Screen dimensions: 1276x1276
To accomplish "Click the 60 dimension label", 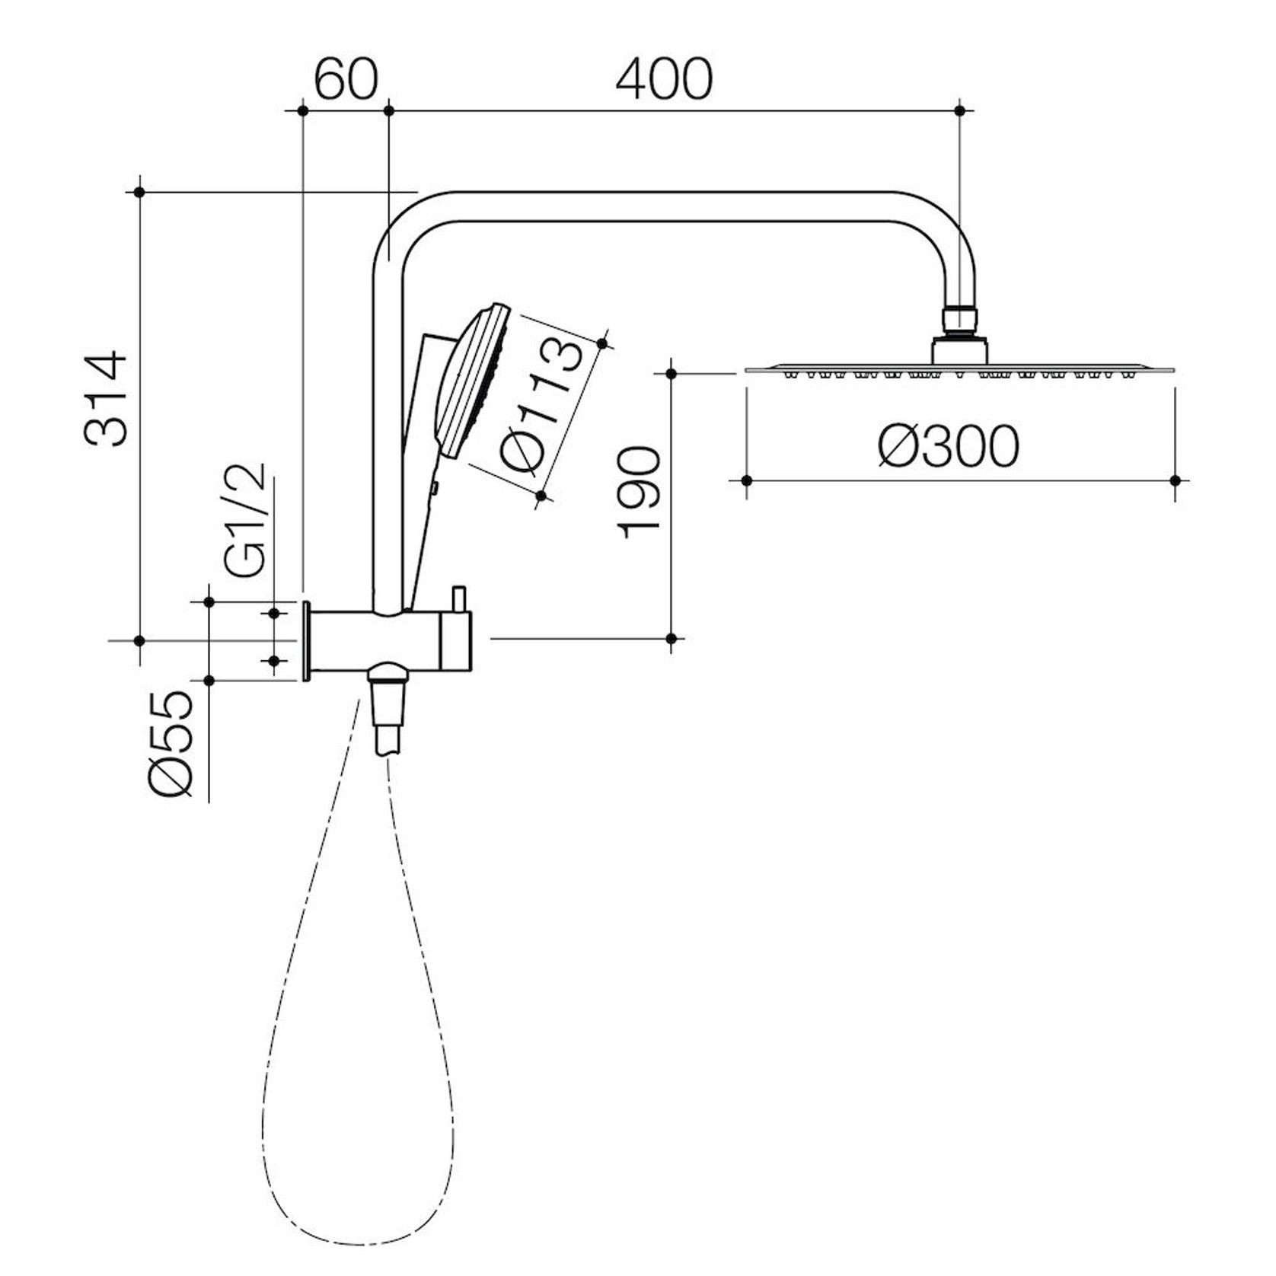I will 346,79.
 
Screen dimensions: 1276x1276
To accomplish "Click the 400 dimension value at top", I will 664,79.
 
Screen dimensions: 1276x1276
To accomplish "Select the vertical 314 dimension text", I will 104,398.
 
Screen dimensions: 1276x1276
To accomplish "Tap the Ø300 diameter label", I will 948,447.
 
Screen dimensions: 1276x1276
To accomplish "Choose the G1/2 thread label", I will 246,518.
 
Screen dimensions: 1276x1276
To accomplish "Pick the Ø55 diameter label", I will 172,745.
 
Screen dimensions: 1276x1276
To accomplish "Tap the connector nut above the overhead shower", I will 959,320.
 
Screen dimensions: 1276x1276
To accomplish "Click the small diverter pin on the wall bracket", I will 458,598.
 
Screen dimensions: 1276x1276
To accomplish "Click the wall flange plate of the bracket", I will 306,640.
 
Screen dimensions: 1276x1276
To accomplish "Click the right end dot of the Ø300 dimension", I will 1175,480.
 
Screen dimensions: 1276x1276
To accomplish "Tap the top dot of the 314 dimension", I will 139,192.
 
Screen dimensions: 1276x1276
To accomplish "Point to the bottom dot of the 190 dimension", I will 671,638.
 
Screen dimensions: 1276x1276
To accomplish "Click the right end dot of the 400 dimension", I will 959,111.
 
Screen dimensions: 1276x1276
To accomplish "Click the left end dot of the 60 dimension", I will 303,111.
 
